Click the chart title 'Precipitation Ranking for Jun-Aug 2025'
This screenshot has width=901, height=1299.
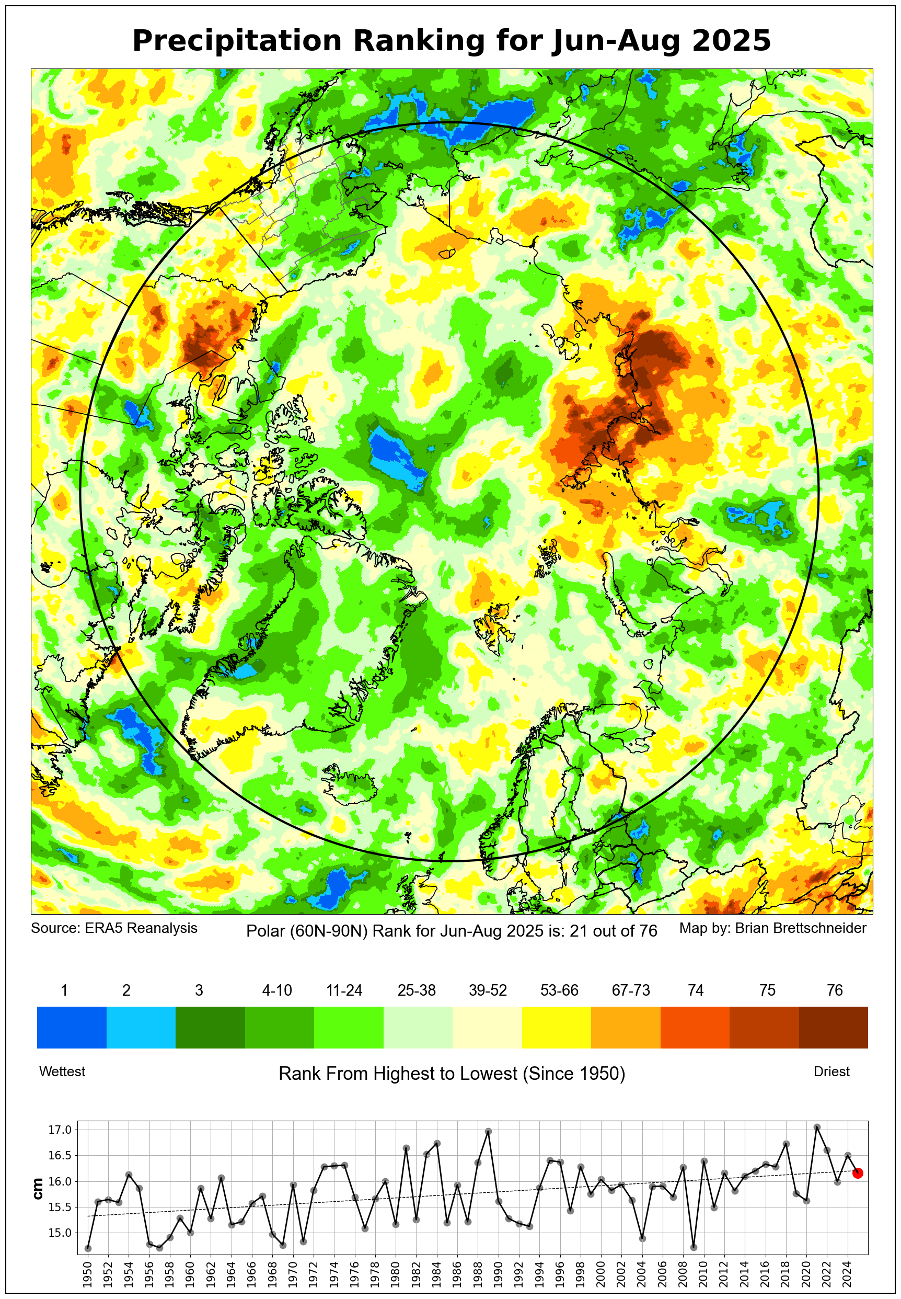click(x=451, y=41)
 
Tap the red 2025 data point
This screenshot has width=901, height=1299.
click(x=858, y=1173)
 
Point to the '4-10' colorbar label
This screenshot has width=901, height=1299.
click(x=276, y=990)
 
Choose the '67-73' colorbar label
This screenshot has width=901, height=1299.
click(x=631, y=990)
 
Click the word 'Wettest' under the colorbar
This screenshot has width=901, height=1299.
click(x=62, y=1072)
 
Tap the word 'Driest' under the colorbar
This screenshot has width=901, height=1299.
click(x=831, y=1072)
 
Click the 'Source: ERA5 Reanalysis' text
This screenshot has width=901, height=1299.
click(x=114, y=928)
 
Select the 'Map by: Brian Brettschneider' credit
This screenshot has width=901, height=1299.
click(x=772, y=928)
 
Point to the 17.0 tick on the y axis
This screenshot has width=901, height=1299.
click(x=60, y=1130)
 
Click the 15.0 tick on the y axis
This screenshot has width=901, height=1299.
click(x=60, y=1233)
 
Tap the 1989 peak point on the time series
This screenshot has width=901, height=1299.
click(x=488, y=1131)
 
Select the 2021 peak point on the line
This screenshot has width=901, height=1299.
click(x=817, y=1127)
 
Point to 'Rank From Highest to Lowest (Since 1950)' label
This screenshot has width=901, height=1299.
click(x=452, y=1073)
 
